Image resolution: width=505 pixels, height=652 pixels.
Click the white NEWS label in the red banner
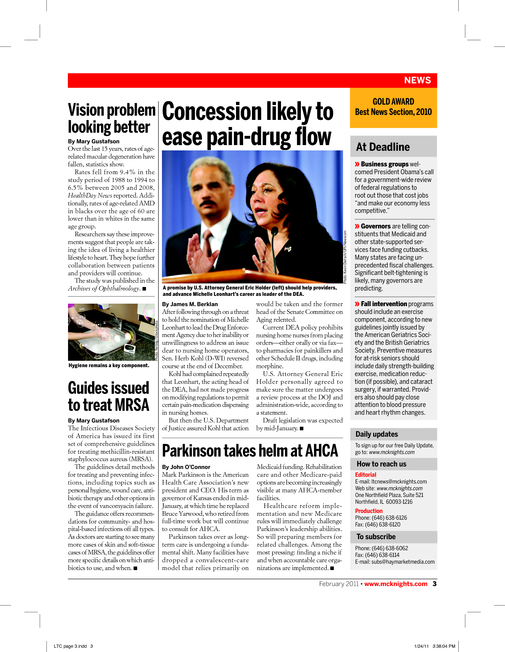pyautogui.click(x=417, y=81)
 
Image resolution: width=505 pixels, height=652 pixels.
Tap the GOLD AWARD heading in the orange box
pyautogui.click(x=393, y=102)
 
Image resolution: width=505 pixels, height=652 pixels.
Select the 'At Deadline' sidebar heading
pyautogui.click(x=383, y=147)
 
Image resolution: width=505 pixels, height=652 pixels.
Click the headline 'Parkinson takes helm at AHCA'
pyautogui.click(x=250, y=451)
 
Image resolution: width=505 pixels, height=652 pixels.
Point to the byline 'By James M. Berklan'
pyautogui.click(x=190, y=304)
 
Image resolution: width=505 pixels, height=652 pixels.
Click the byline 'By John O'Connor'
pyautogui.click(x=186, y=467)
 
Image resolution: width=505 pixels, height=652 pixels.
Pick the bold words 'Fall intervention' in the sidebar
pyautogui.click(x=384, y=304)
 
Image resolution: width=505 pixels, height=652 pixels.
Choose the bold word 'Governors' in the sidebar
pyautogui.click(x=376, y=226)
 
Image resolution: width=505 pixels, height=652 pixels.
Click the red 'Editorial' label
pyautogui.click(x=365, y=475)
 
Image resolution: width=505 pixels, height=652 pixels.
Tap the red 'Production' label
pyautogui.click(x=369, y=511)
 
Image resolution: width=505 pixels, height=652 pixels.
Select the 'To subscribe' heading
pyautogui.click(x=376, y=537)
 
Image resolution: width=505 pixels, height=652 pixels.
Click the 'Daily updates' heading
pyautogui.click(x=376, y=434)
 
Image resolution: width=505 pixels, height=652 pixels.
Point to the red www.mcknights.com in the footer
pyautogui.click(x=395, y=584)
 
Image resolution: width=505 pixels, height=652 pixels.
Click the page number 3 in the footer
pyautogui.click(x=434, y=584)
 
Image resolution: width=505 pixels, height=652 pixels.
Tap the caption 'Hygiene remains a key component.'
pyautogui.click(x=109, y=365)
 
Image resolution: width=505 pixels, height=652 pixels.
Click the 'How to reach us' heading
pyautogui.click(x=381, y=464)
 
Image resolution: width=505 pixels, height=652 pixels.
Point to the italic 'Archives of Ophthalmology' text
pyautogui.click(x=103, y=288)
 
